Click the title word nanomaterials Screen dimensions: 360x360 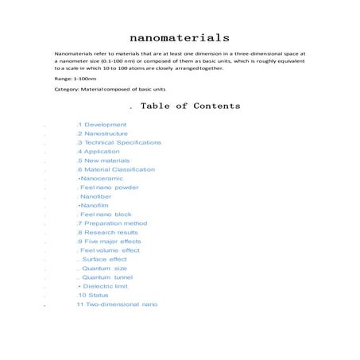point(180,37)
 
